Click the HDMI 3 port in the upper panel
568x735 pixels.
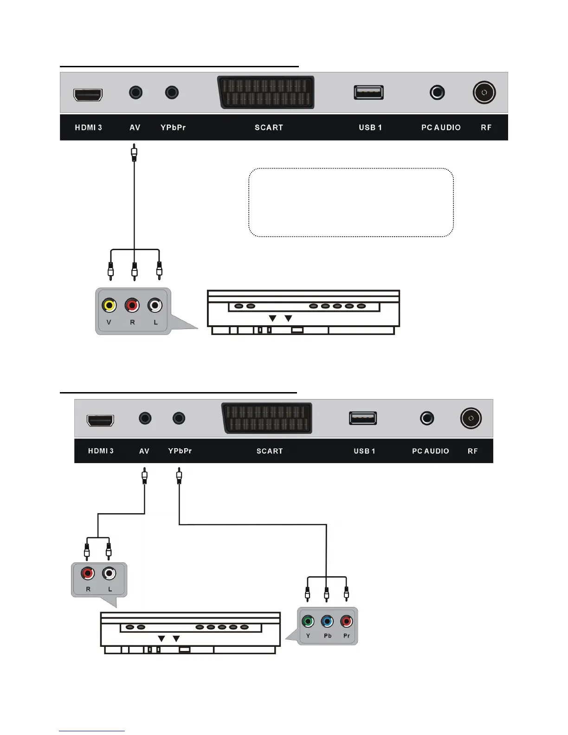click(x=88, y=95)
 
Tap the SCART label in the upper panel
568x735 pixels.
click(x=269, y=128)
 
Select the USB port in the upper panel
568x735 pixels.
click(x=368, y=92)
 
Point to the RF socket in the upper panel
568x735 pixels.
click(x=484, y=92)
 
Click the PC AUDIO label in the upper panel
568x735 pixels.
click(x=441, y=128)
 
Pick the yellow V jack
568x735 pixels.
click(x=109, y=305)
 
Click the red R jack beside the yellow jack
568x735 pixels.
click(x=132, y=305)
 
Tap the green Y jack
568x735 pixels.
click(x=308, y=621)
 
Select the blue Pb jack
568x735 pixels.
click(x=327, y=621)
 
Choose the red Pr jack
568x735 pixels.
click(x=347, y=621)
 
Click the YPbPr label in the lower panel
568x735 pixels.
click(x=180, y=451)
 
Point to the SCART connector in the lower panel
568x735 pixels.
click(x=267, y=418)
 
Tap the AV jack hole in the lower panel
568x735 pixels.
click(x=145, y=418)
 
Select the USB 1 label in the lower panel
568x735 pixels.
click(x=364, y=451)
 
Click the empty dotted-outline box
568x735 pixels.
click(x=351, y=202)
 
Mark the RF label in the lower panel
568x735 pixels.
click(x=472, y=451)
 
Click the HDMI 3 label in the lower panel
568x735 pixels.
click(x=101, y=451)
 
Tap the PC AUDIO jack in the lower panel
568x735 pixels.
click(x=427, y=418)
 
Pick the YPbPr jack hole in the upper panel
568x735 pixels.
click(x=172, y=92)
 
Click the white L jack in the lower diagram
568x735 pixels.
click(x=109, y=574)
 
